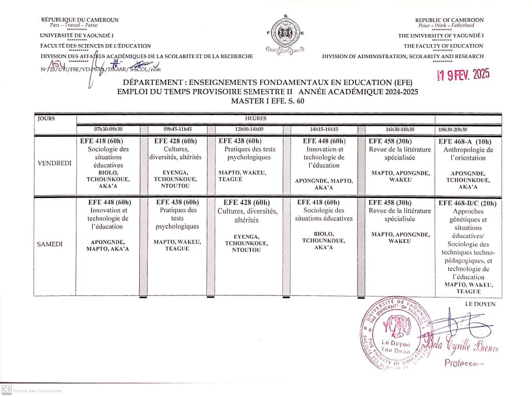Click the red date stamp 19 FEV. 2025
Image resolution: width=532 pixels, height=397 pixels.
tap(463, 75)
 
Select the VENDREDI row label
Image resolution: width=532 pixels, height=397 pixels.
tap(54, 163)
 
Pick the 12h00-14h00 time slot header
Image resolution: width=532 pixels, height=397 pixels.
tap(245, 129)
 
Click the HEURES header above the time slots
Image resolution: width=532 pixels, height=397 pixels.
tap(256, 119)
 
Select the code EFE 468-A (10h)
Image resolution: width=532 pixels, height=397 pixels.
tap(464, 141)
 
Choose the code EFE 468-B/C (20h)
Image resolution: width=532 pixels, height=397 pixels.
tap(467, 203)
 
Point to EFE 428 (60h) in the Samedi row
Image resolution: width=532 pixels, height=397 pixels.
tap(247, 202)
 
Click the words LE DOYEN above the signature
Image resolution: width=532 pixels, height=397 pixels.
tap(480, 304)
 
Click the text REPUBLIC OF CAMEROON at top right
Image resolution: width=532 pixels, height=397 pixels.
tap(449, 20)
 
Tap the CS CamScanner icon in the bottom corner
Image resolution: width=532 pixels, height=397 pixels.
tap(6, 390)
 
